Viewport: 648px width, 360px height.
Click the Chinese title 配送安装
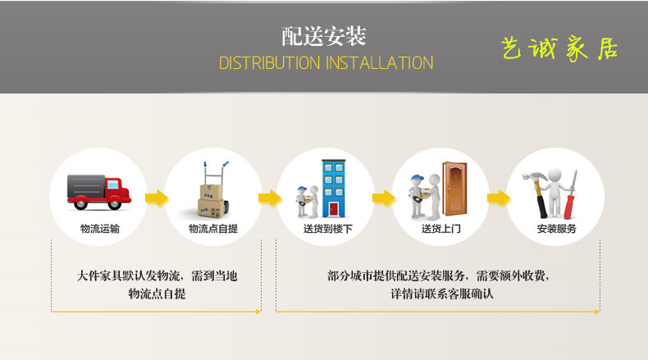pos(324,36)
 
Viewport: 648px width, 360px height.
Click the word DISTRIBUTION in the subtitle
pos(269,63)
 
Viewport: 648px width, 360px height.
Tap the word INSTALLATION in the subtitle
pos(380,63)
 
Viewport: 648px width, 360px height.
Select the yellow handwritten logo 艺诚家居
pos(559,48)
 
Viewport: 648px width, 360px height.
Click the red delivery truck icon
pos(98,192)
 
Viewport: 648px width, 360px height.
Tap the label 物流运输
pos(99,229)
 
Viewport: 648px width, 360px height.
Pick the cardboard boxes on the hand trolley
pos(212,201)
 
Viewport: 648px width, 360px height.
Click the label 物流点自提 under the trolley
pos(213,229)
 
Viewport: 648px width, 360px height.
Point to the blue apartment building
pos(334,189)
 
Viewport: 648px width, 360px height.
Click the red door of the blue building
pos(334,210)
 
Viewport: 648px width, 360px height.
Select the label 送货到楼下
pos(328,229)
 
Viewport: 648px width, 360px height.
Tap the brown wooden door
pos(454,189)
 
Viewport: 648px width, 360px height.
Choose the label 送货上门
pos(441,229)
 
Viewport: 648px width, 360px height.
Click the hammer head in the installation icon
pos(534,177)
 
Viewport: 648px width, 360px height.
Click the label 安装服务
pos(557,229)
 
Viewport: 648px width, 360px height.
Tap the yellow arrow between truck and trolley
pos(157,198)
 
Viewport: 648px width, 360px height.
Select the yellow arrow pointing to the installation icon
pos(499,198)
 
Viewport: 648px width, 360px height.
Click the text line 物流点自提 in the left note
pos(157,294)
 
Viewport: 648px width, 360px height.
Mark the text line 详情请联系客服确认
pos(442,294)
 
